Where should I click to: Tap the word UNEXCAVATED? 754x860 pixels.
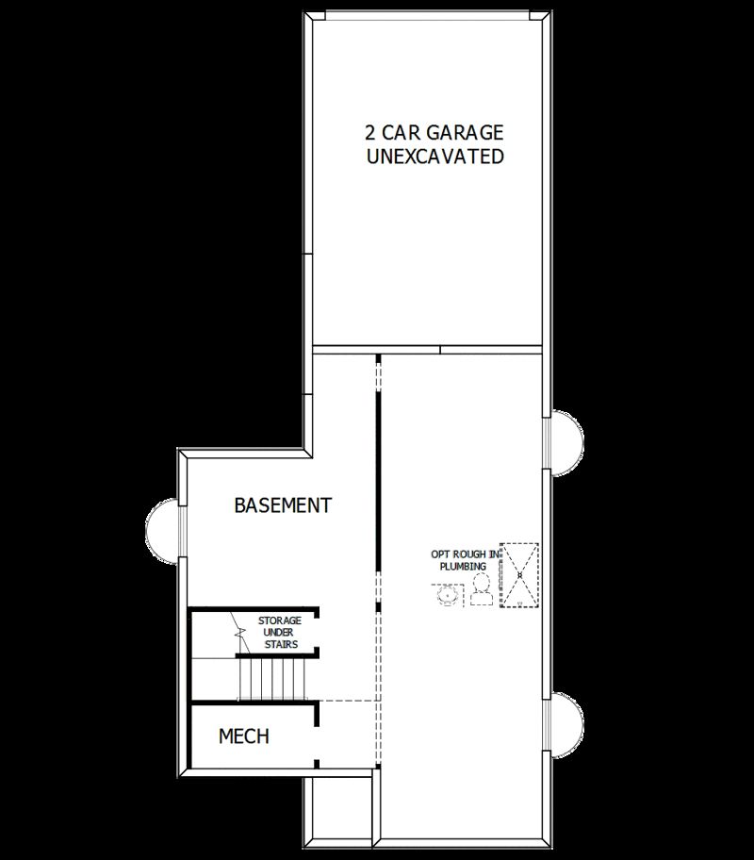click(x=434, y=157)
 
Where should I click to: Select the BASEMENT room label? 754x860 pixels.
click(x=283, y=505)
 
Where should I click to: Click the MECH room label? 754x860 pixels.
click(x=244, y=736)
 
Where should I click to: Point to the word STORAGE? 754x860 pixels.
click(x=280, y=620)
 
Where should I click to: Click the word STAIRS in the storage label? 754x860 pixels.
click(x=280, y=645)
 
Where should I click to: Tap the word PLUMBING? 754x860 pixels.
click(x=464, y=566)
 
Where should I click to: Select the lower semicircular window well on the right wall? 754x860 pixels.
click(x=566, y=724)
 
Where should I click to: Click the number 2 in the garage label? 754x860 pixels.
click(x=371, y=132)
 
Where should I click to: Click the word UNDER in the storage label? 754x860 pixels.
click(x=280, y=633)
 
